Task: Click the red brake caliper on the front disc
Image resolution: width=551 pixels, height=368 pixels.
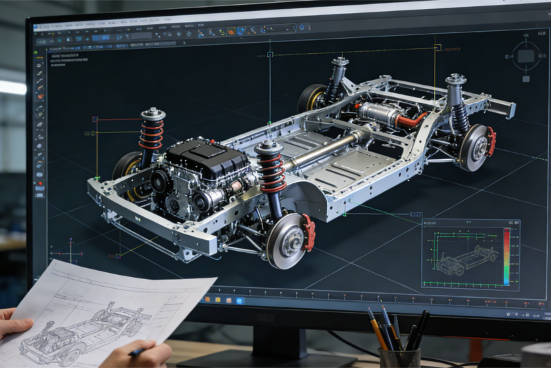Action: (x=308, y=232)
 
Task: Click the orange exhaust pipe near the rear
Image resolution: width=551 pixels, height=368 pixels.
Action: (x=412, y=120)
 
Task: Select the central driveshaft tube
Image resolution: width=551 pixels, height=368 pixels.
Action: (x=324, y=151)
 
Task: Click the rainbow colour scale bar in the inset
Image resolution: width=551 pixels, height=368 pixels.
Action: (x=506, y=255)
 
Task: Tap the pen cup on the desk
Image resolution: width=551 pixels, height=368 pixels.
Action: (x=399, y=357)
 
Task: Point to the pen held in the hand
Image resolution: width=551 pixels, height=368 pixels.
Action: (x=138, y=351)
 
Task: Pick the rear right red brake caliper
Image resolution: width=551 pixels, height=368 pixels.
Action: (x=491, y=141)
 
